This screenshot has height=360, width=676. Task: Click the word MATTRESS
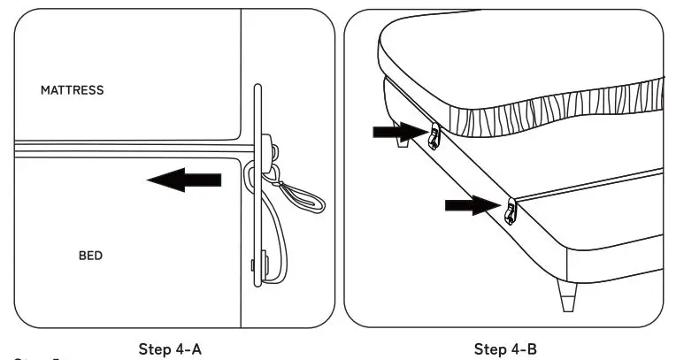pyautogui.click(x=72, y=89)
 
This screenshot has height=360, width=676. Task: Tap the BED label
pyautogui.click(x=91, y=256)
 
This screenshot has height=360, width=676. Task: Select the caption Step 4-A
pyautogui.click(x=172, y=349)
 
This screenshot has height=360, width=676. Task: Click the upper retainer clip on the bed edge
pyautogui.click(x=434, y=136)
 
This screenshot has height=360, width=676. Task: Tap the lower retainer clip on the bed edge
pyautogui.click(x=510, y=211)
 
